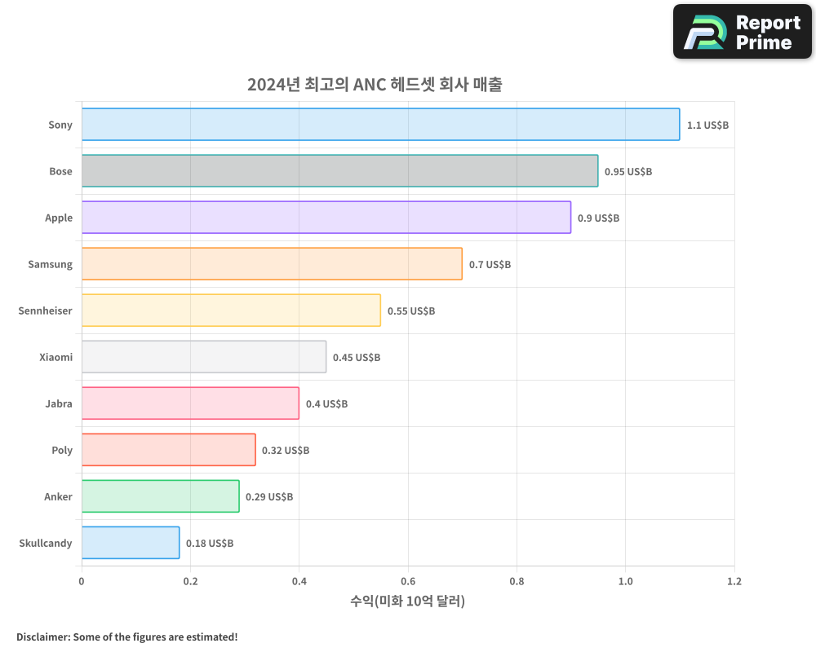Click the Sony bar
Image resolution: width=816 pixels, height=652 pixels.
[x=380, y=125]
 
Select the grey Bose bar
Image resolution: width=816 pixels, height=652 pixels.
[x=339, y=171]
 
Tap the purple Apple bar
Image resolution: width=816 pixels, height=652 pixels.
[x=326, y=218]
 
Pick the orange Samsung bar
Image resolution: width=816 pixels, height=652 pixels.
[x=272, y=264]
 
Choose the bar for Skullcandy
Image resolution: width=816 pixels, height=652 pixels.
[x=131, y=543]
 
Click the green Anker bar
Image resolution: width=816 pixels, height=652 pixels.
[x=160, y=496]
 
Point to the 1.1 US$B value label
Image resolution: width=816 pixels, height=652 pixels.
[x=707, y=126]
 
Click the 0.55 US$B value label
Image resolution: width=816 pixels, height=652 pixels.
[x=411, y=311]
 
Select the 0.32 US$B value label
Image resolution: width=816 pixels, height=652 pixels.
[x=286, y=451]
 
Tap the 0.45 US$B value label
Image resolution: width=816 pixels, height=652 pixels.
[x=357, y=358]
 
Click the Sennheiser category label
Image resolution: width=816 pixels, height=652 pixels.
[x=46, y=311]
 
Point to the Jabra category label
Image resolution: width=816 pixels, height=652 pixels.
[x=59, y=403]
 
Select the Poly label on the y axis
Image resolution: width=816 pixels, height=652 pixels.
[x=62, y=450]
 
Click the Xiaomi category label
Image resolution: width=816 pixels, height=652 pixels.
[x=55, y=357]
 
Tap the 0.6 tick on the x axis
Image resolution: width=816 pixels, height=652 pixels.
[x=408, y=582]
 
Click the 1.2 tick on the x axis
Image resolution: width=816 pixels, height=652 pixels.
[x=734, y=582]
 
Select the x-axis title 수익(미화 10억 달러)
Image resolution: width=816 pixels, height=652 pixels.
[x=407, y=601]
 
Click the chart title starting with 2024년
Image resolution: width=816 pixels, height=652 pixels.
[x=375, y=84]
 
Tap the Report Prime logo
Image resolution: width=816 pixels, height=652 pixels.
[x=742, y=32]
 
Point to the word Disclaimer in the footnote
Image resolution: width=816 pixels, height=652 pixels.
[x=42, y=637]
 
